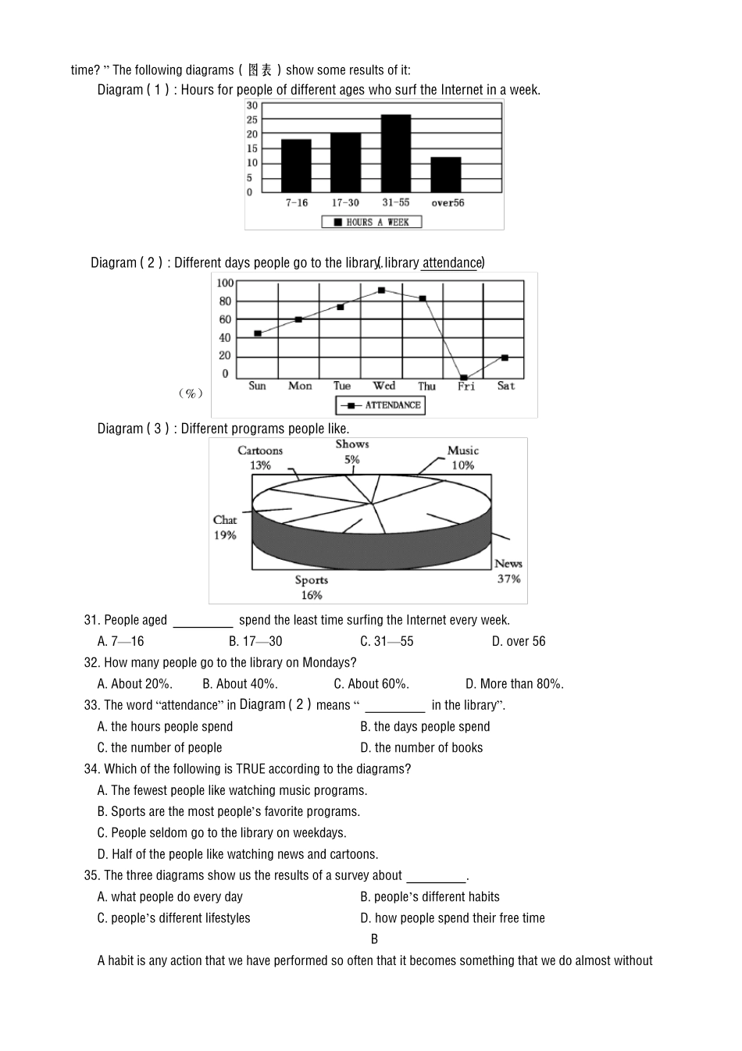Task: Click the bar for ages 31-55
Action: click(x=396, y=153)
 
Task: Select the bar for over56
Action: click(x=446, y=175)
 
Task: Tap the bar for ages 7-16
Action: click(x=296, y=166)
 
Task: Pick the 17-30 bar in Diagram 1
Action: click(x=345, y=162)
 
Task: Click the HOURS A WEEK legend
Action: click(x=372, y=223)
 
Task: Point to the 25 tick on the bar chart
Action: click(x=251, y=120)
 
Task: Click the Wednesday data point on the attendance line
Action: click(x=381, y=290)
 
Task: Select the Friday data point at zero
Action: click(x=464, y=377)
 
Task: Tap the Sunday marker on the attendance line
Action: click(x=258, y=333)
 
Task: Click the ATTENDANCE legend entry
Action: click(x=381, y=405)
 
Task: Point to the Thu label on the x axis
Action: click(x=426, y=387)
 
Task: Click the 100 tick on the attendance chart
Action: click(x=225, y=283)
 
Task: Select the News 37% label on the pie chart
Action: click(x=508, y=572)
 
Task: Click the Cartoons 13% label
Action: click(x=260, y=458)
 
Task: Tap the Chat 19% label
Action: click(x=225, y=528)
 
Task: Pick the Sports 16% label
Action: click(x=311, y=587)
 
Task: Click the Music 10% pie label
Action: click(x=462, y=458)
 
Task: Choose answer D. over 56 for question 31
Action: click(x=519, y=642)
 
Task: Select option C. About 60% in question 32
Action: click(x=372, y=684)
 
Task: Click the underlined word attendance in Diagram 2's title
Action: click(x=451, y=263)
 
